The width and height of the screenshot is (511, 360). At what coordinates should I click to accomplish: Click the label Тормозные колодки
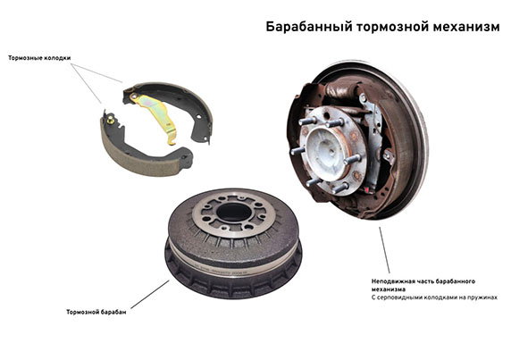click(x=39, y=58)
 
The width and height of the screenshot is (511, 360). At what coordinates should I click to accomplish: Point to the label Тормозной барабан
click(x=96, y=312)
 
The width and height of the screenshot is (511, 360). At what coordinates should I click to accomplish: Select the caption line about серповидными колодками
click(x=434, y=297)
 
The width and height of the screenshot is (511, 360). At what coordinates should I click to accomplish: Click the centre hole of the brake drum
click(x=234, y=213)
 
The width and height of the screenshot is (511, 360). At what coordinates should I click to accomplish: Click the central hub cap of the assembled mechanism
click(x=328, y=151)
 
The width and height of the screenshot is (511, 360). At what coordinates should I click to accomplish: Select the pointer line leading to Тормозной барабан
click(x=150, y=294)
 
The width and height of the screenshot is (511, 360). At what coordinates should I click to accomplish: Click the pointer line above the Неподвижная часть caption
click(x=384, y=250)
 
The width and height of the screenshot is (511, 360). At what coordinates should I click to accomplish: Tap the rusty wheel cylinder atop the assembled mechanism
click(x=339, y=88)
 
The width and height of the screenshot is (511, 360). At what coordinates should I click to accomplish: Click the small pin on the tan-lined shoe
click(x=111, y=119)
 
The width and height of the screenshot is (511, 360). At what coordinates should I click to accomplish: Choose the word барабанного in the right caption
click(x=456, y=281)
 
